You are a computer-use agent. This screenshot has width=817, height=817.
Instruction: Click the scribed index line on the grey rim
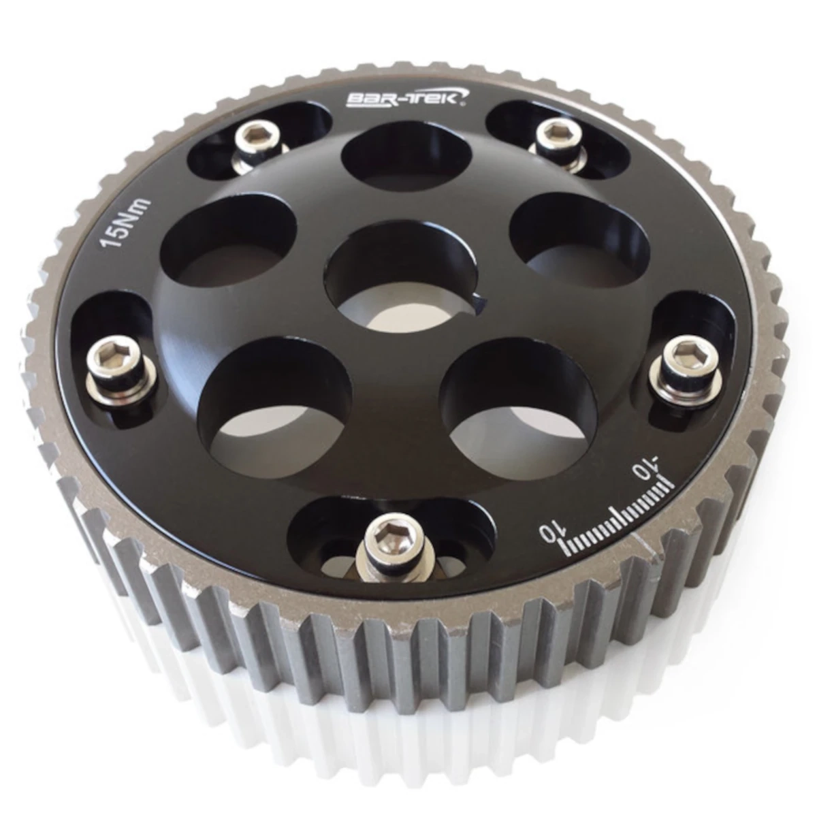pos(643,542)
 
